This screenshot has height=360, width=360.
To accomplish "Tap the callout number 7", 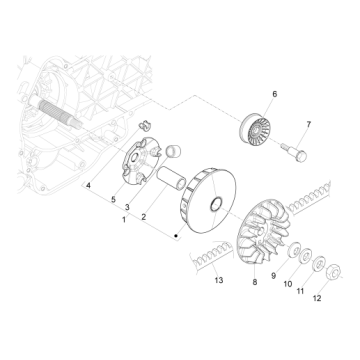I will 307,124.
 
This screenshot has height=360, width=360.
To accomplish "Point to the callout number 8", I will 254,284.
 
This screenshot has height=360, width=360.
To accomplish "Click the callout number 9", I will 273,276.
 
